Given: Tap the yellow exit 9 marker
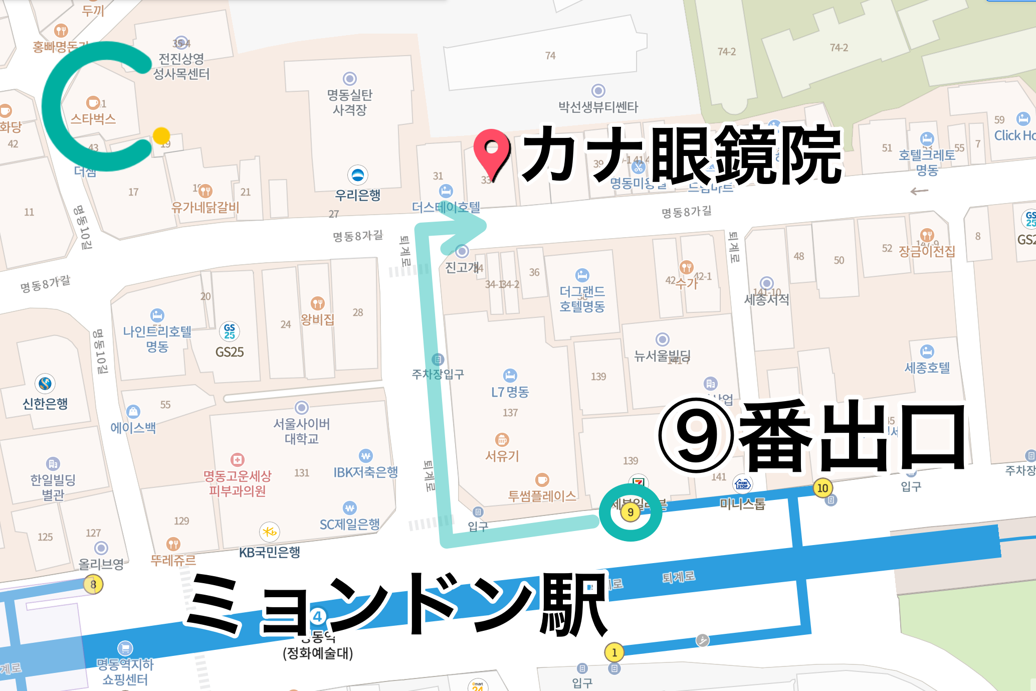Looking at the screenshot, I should pos(630,512).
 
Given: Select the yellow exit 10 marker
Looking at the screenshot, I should pos(822,488).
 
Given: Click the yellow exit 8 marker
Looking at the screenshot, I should pos(93,584).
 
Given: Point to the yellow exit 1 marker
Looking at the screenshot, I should pos(614,652).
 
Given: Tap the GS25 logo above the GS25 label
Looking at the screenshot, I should pos(230,331).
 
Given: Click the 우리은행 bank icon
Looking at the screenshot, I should pos(357,175).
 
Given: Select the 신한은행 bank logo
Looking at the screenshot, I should pos(45,384).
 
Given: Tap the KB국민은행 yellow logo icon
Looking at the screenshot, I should pos(270,532).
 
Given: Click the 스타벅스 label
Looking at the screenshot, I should pos(93,119).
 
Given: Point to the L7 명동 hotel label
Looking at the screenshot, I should pos(510,392).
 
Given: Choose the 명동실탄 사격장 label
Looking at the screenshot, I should pos(350,102).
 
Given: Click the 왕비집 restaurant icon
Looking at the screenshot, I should pos(318,303).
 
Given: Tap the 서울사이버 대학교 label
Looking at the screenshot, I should pos(301,431).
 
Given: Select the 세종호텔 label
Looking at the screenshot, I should pos(927,368).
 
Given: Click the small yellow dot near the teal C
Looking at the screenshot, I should pos(161,135).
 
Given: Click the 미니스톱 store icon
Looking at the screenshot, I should pos(742,484).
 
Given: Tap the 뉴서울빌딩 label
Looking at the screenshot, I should pos(662,356).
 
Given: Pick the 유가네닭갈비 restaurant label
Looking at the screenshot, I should pos(205,207).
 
